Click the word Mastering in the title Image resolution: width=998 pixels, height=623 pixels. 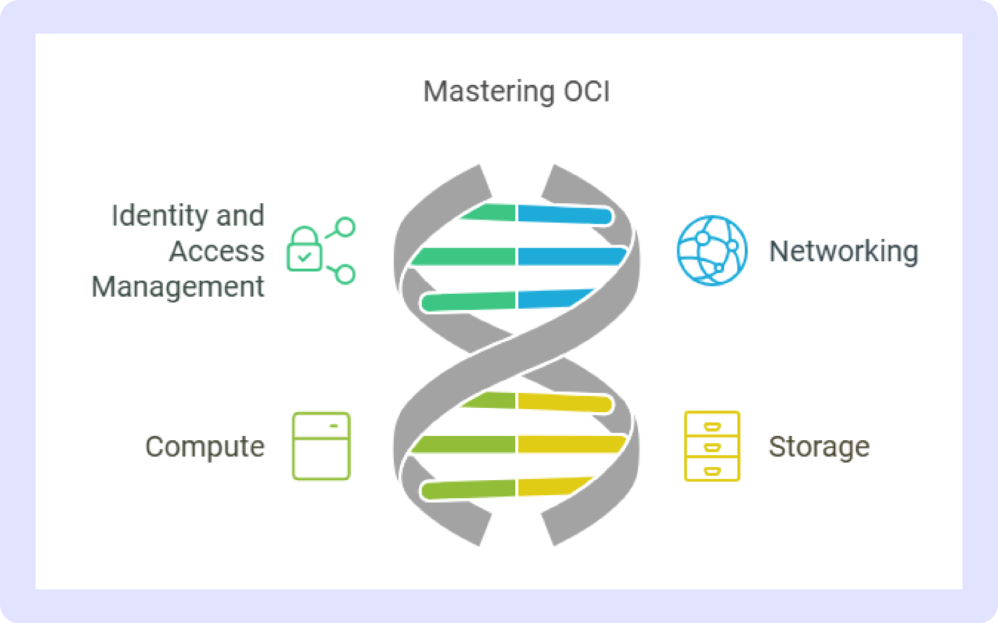tap(489, 92)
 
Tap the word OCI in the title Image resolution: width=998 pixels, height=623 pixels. tap(586, 91)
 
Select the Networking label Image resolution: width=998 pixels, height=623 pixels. tap(843, 251)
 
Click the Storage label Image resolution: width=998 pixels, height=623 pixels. tap(819, 447)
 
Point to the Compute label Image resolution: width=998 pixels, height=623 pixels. tap(205, 447)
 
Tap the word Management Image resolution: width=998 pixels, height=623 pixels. tap(178, 287)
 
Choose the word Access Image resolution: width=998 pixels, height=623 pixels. tap(216, 251)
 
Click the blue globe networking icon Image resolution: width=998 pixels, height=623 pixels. tap(712, 250)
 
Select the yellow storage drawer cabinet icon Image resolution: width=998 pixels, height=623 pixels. tap(712, 447)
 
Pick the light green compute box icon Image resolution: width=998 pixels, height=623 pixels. tap(321, 447)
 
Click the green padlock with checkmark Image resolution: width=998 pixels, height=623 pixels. tap(304, 249)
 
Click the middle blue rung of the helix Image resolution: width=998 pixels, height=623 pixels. tap(572, 256)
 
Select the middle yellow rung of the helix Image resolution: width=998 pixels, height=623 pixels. tap(572, 445)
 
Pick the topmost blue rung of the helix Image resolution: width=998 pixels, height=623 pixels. tap(565, 214)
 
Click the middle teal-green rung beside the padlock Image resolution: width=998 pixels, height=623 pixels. tap(463, 256)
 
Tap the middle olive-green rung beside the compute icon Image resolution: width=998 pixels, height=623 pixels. tap(463, 445)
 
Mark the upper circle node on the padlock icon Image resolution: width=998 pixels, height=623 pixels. tap(346, 226)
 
